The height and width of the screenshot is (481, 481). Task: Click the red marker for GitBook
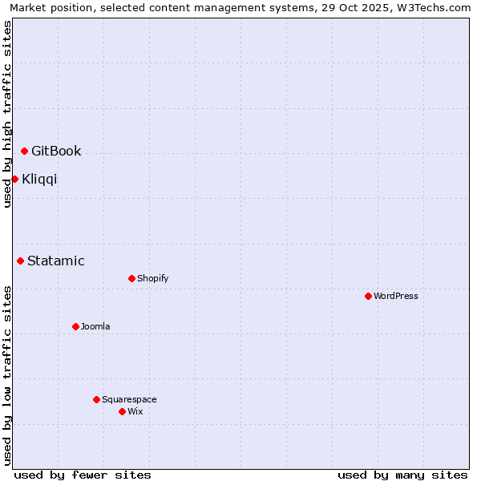[25, 151]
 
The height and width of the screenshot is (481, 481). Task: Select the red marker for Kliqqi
[15, 179]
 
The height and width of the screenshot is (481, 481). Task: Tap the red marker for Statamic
[21, 261]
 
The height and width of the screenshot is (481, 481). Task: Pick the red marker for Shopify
[131, 278]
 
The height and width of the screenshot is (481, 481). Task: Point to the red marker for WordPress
[368, 296]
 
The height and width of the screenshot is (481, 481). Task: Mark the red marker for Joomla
[75, 326]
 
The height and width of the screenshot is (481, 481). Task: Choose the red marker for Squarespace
[96, 399]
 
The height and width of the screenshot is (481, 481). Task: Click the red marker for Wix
[122, 411]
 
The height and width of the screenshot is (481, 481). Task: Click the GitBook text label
[56, 152]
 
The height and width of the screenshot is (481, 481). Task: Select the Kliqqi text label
[39, 179]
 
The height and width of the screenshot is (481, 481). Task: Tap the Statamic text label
[56, 261]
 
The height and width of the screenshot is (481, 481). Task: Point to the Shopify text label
[153, 278]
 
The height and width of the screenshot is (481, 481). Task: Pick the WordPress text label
[396, 296]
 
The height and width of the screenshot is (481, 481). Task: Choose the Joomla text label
[95, 326]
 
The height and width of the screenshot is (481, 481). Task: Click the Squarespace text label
[129, 399]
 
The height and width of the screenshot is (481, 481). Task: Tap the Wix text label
[135, 411]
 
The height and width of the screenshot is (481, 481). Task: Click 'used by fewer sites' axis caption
[83, 475]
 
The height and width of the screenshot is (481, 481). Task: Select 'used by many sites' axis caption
[402, 475]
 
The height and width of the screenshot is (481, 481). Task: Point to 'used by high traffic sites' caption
[8, 114]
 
